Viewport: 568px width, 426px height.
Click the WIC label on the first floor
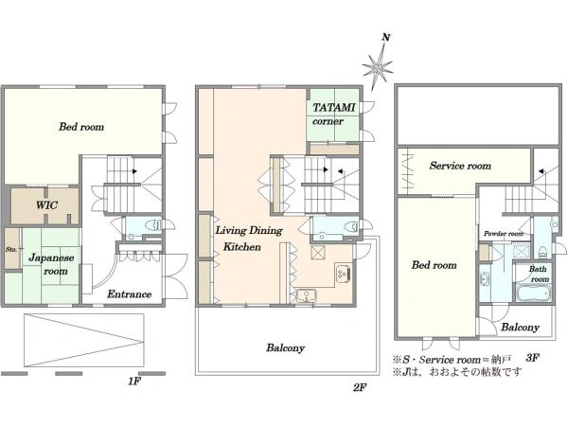click(x=46, y=205)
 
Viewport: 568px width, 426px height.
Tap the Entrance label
click(x=129, y=293)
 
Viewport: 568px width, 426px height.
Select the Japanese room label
click(x=51, y=264)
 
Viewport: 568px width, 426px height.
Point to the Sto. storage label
click(x=10, y=250)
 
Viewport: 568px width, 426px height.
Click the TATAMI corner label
click(x=333, y=115)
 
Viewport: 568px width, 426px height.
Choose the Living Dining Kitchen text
click(x=249, y=239)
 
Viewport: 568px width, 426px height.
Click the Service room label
click(x=460, y=166)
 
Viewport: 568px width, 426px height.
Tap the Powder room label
click(x=504, y=234)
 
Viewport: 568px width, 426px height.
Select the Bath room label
click(x=539, y=275)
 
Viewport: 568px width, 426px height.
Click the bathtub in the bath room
click(x=533, y=293)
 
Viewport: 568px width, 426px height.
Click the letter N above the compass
click(x=386, y=37)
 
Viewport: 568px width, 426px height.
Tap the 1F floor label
click(x=134, y=382)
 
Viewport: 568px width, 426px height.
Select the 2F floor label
click(x=360, y=387)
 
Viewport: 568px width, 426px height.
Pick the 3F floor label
click(x=532, y=358)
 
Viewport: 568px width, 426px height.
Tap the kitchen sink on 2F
click(x=307, y=294)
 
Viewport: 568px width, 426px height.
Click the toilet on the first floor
click(x=153, y=225)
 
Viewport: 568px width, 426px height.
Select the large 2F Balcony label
click(x=286, y=347)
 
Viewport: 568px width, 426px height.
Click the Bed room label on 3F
click(x=434, y=265)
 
